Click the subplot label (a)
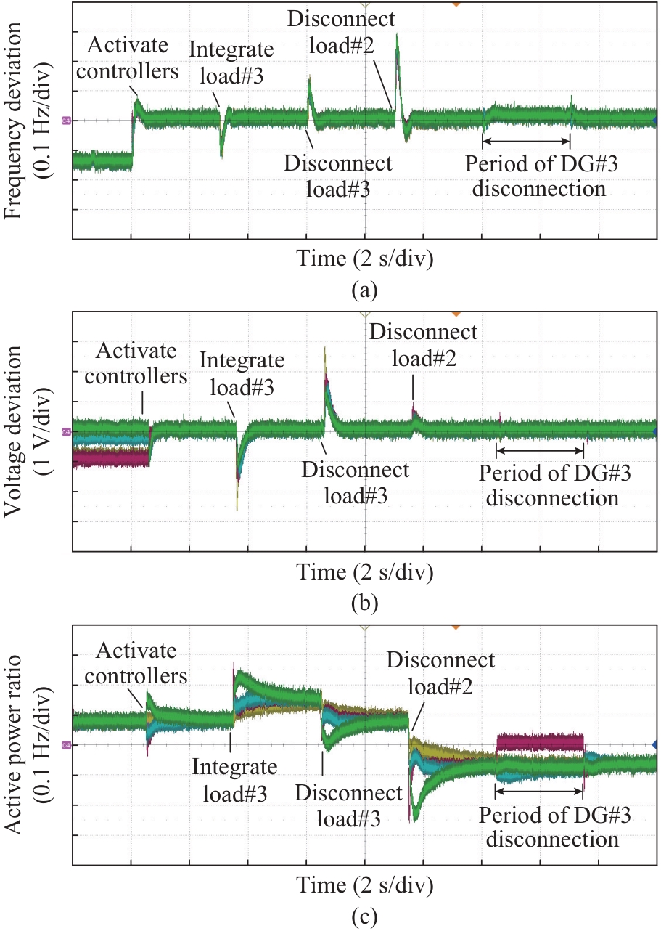coord(364,291)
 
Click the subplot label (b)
coord(364,602)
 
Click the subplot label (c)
coord(364,917)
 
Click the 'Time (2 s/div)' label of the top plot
coord(364,259)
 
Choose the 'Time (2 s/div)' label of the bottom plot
coord(364,885)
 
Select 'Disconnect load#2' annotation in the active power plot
coord(440,672)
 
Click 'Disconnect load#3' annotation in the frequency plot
coord(337,176)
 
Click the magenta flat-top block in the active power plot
coord(540,741)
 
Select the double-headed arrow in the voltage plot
coord(539,453)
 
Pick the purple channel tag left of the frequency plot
coord(66,121)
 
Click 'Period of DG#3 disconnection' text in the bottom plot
coord(555,828)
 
